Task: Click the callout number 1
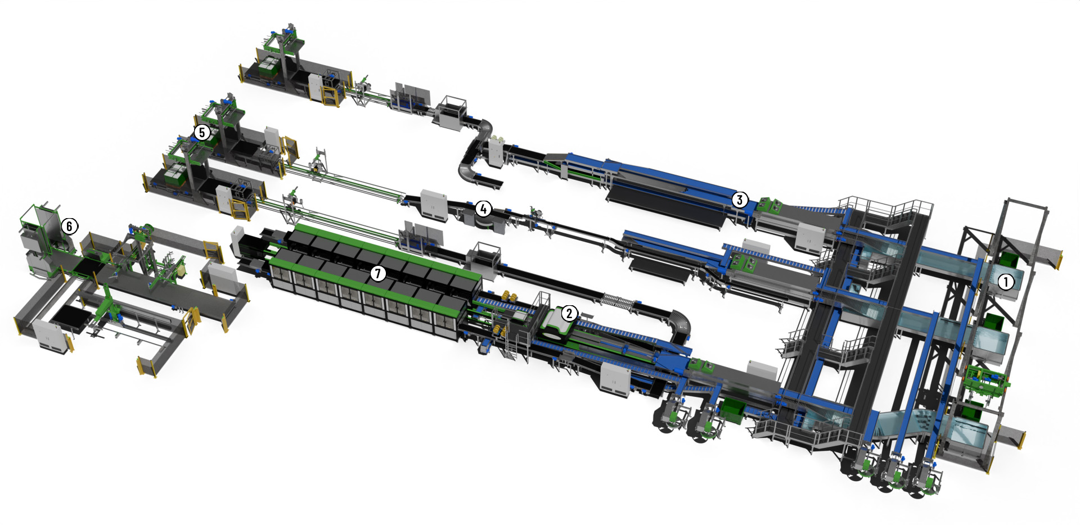(x=1006, y=282)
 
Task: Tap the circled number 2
(x=569, y=313)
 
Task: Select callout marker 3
(x=740, y=200)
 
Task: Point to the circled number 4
(x=483, y=209)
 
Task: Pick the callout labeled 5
(x=202, y=133)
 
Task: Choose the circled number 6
(x=69, y=226)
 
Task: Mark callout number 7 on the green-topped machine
(x=378, y=274)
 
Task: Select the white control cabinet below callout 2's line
(x=614, y=379)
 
